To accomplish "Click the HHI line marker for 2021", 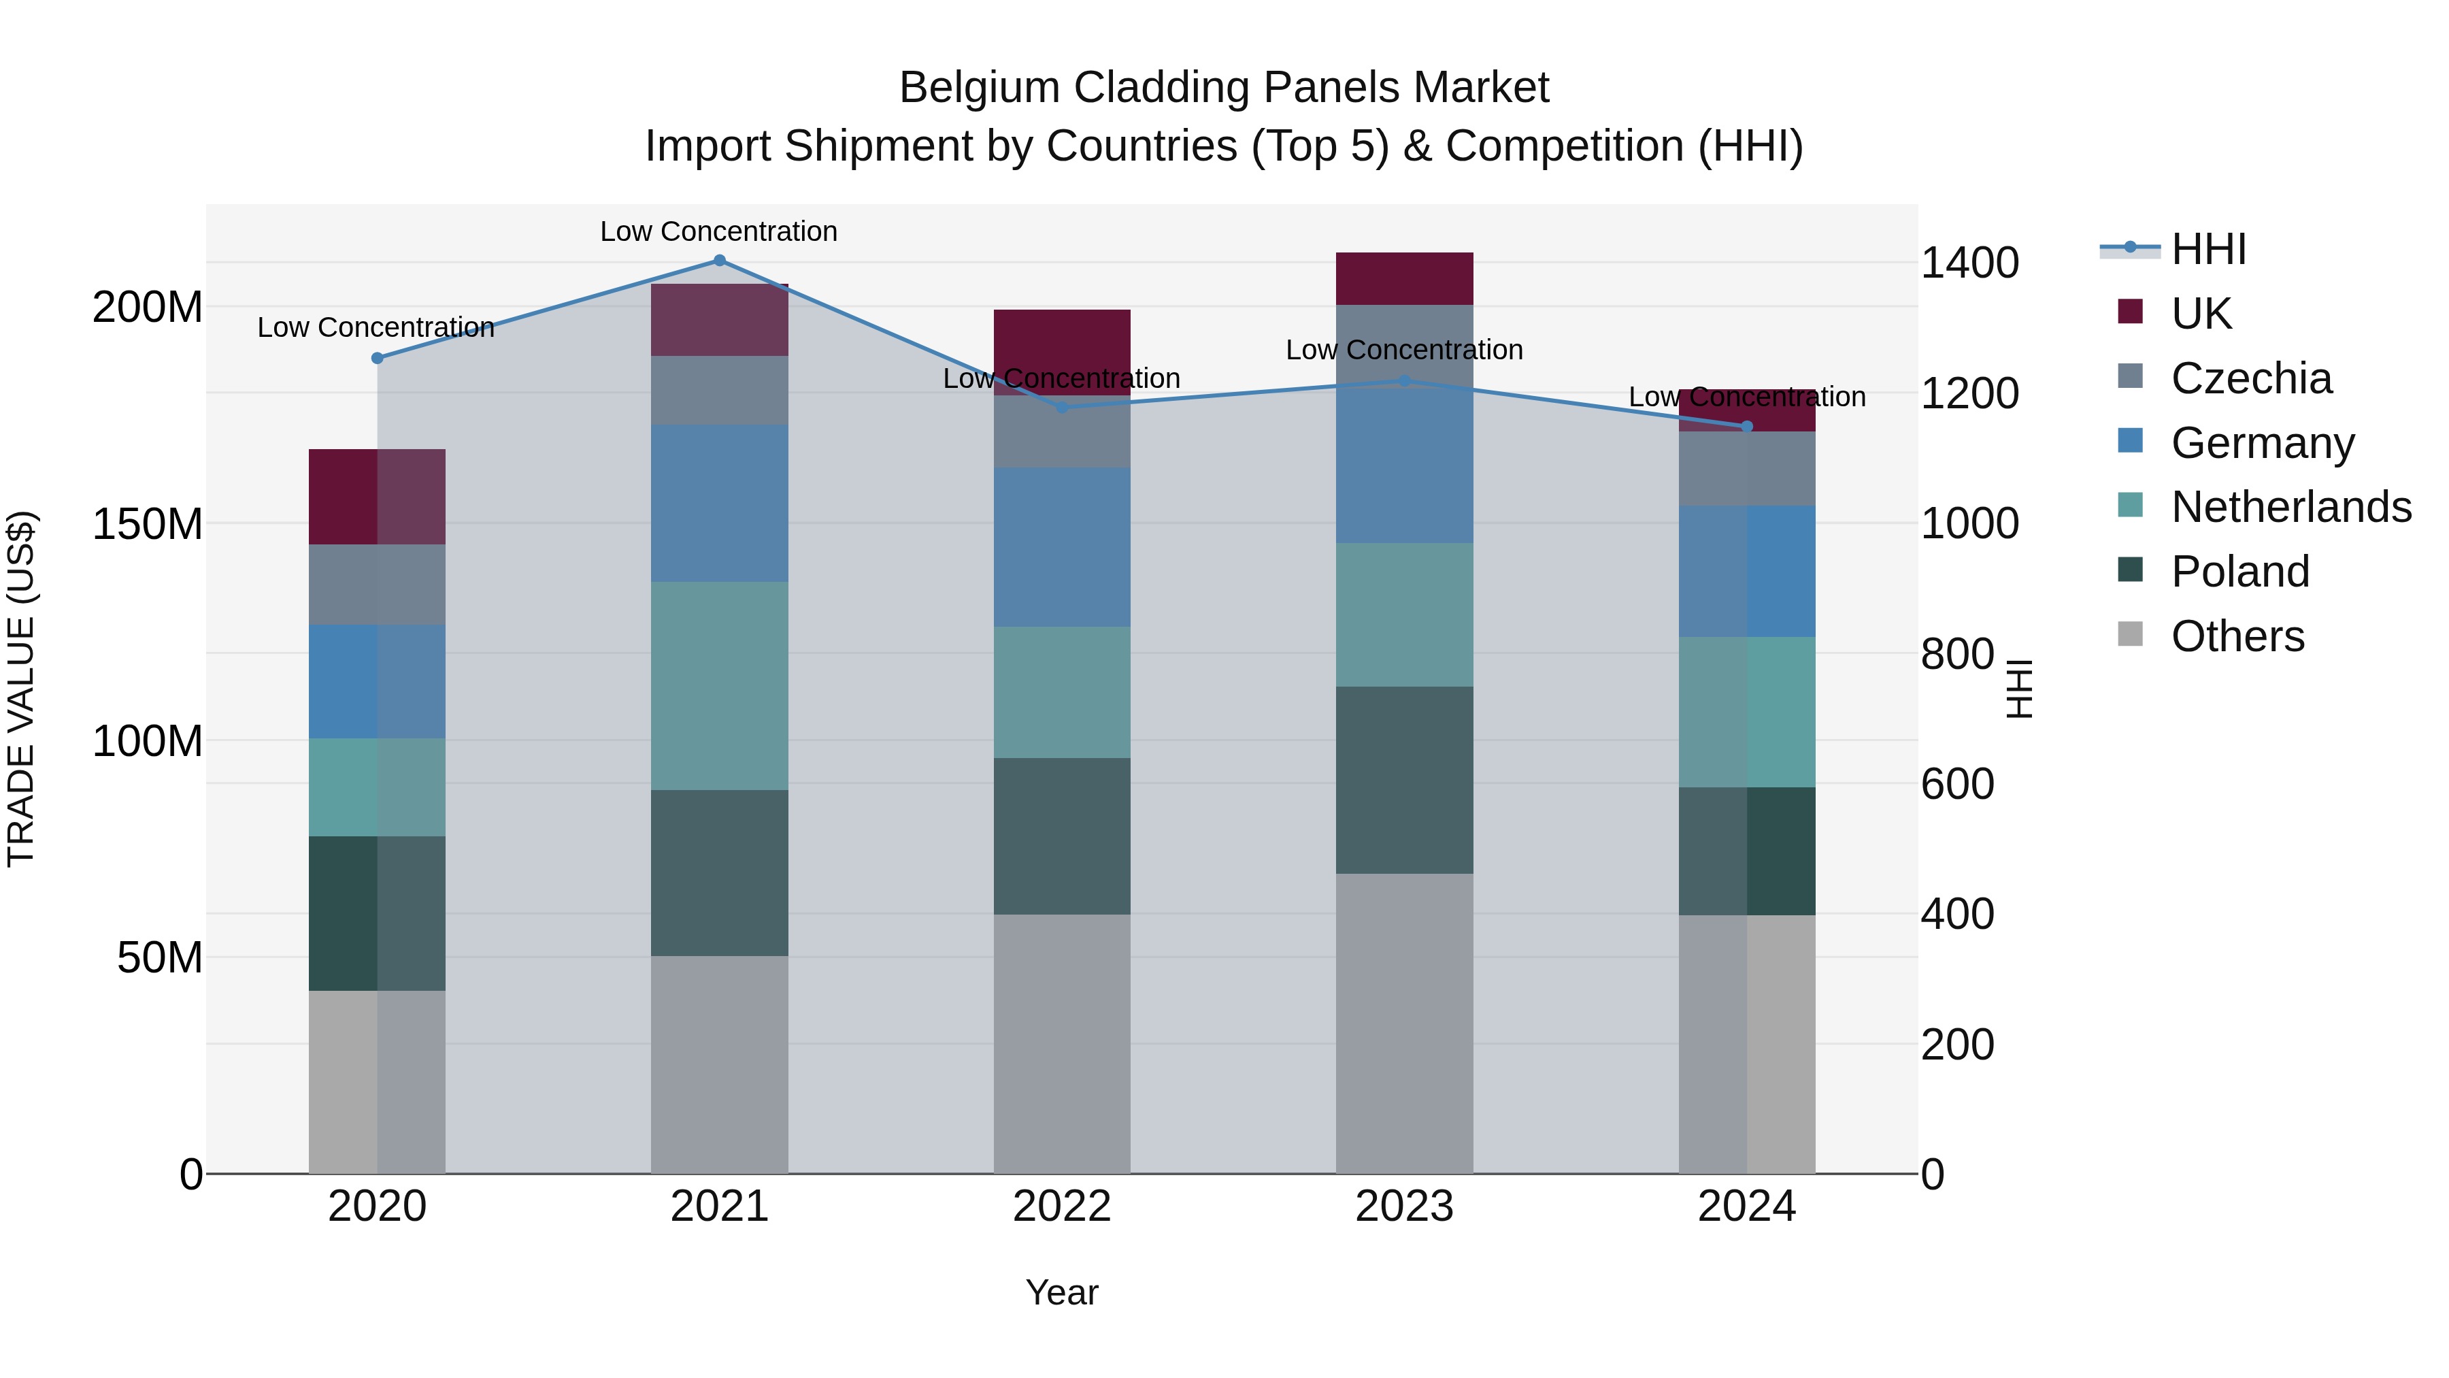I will click(x=719, y=261).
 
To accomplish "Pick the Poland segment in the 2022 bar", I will click(x=1062, y=836).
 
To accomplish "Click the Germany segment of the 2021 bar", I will click(x=719, y=503).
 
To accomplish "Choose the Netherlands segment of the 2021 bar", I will click(x=719, y=686).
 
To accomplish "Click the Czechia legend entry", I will click(x=2250, y=378).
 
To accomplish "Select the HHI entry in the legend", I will click(x=2208, y=249).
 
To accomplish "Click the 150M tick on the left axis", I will click(x=146, y=524).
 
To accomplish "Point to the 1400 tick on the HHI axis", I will click(x=1970, y=263).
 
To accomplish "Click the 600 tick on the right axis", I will click(x=1957, y=785).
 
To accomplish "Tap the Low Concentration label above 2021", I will click(x=719, y=231).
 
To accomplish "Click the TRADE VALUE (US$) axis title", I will click(x=21, y=689).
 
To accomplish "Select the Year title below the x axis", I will click(x=1062, y=1292).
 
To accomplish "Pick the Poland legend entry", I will click(x=2239, y=572).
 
